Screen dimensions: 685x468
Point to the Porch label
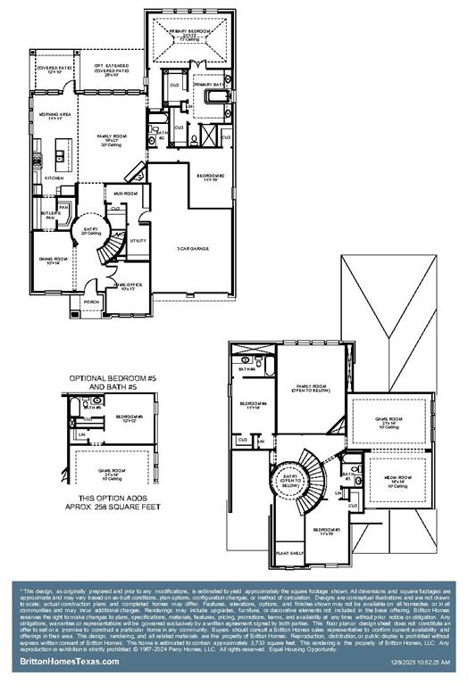click(91, 301)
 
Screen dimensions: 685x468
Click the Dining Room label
click(48, 260)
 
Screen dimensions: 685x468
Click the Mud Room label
click(124, 193)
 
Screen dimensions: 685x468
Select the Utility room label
click(138, 241)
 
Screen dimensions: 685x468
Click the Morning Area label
click(54, 116)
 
